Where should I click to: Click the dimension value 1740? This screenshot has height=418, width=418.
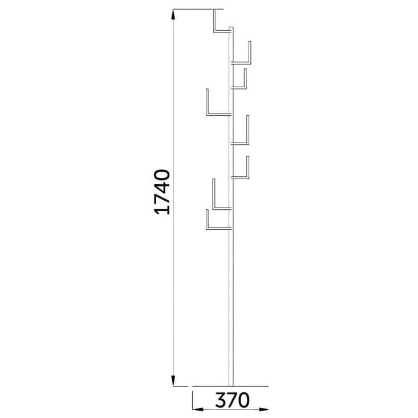162,192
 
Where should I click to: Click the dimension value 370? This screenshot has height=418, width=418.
232,400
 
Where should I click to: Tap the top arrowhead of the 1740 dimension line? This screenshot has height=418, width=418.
173,14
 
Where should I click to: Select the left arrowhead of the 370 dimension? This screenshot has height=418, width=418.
197,409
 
